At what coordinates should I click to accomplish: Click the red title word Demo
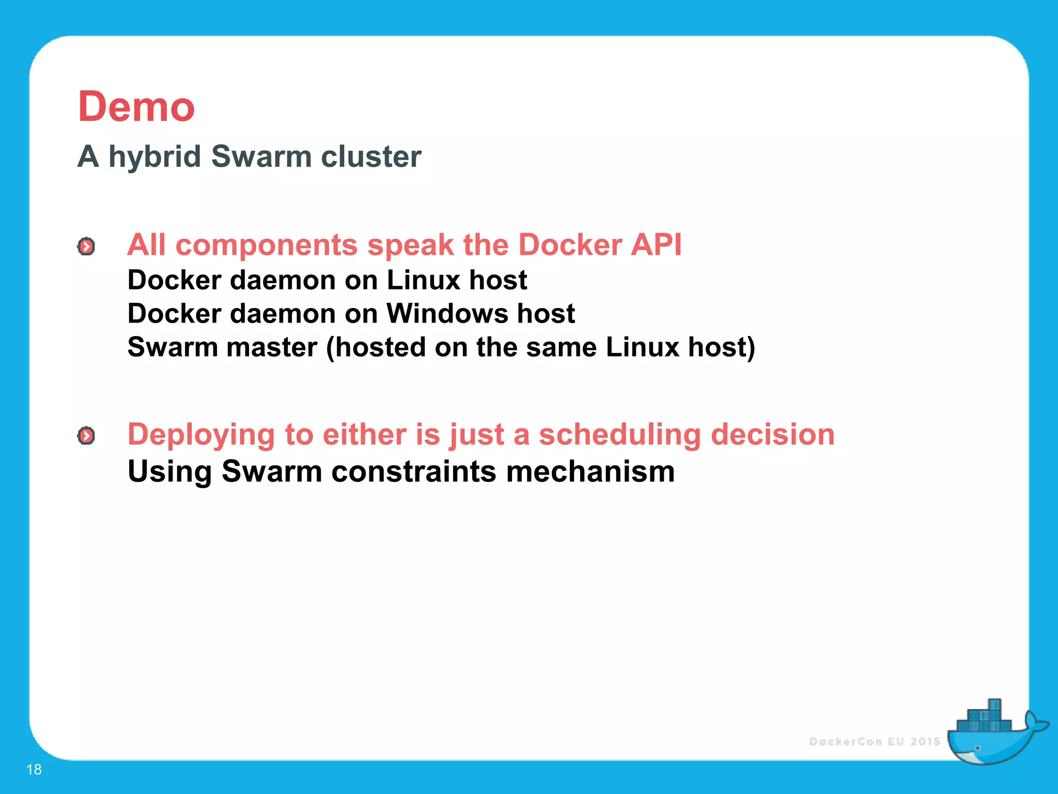pos(136,107)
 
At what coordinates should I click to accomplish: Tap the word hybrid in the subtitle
pos(154,156)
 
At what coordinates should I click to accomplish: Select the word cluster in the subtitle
pos(371,156)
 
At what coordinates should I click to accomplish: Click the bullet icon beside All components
pos(86,247)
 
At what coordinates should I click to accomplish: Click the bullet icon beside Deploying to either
pos(86,436)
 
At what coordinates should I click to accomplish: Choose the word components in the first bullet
pos(267,246)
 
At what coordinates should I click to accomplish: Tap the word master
pos(272,347)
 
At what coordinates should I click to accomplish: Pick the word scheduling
pos(619,435)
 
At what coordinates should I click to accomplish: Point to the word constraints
pos(413,471)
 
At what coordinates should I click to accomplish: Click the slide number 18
pos(34,769)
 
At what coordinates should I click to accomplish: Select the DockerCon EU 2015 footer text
pos(874,742)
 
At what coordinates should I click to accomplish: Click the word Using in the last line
pos(170,472)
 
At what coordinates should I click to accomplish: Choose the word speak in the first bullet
pos(410,246)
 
